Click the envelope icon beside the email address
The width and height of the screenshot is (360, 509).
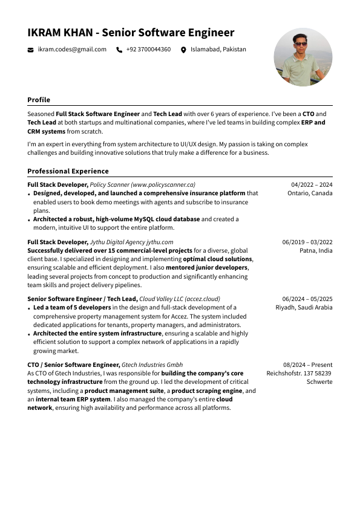tap(31, 50)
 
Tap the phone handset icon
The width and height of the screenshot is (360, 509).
tap(119, 50)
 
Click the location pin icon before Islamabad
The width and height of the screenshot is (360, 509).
tap(183, 50)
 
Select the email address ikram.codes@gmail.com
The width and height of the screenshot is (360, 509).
tap(72, 50)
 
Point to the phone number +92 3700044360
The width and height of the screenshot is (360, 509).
tap(148, 50)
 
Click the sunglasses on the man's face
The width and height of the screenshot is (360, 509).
tap(301, 44)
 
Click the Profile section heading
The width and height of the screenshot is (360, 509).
tap(39, 100)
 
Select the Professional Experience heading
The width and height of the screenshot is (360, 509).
tap(68, 171)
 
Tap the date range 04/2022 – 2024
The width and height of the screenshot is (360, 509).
tap(312, 184)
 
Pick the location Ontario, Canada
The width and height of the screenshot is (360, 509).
tap(310, 193)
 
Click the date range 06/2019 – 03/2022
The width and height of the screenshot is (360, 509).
tap(307, 242)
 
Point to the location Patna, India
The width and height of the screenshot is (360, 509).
tap(316, 251)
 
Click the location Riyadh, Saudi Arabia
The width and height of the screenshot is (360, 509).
tap(304, 308)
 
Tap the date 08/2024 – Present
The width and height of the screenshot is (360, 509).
tap(307, 365)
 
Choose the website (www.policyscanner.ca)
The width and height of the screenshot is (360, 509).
tap(163, 184)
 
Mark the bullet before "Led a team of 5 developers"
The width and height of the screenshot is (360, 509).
tap(29, 308)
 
